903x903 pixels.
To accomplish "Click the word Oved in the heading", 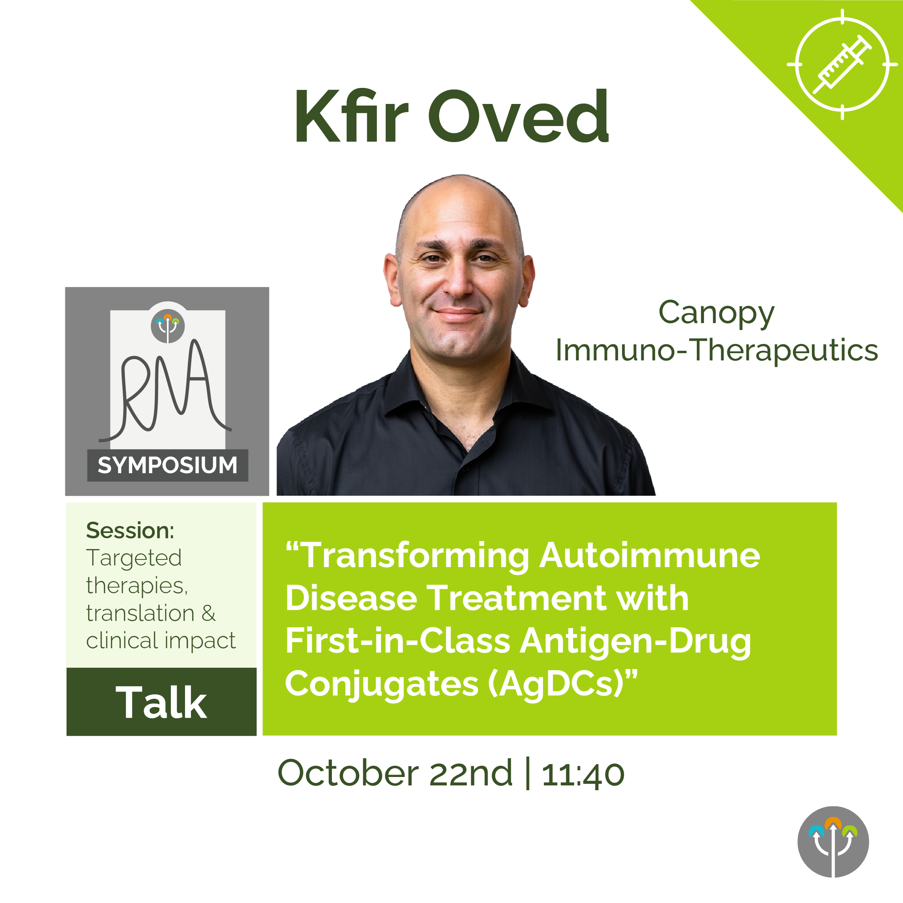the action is [x=519, y=116].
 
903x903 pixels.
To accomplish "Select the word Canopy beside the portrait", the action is [x=716, y=313].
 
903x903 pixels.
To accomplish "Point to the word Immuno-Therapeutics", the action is [x=716, y=350].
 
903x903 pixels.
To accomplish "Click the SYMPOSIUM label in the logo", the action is [x=167, y=465].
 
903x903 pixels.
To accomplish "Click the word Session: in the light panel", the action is [x=130, y=531].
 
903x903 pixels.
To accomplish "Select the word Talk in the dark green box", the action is [x=161, y=702].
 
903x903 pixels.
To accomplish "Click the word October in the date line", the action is [x=348, y=773].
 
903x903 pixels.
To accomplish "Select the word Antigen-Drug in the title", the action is [x=636, y=641].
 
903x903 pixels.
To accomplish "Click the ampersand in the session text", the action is [x=208, y=613].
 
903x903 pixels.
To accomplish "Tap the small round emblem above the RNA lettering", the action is [x=168, y=326].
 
